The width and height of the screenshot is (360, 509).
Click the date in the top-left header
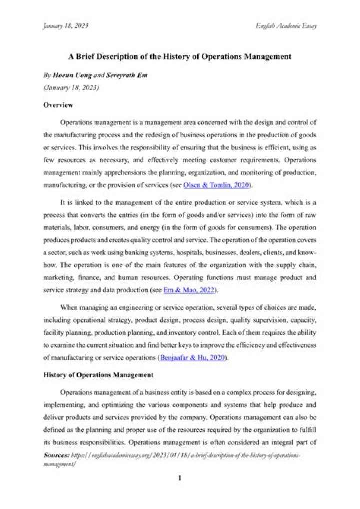[66, 25]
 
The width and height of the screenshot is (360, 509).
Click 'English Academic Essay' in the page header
[286, 25]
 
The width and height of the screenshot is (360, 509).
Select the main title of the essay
[179, 57]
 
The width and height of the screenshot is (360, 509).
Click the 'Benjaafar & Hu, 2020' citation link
[193, 358]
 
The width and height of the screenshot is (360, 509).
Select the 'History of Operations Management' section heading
[98, 374]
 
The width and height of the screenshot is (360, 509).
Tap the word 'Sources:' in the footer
[56, 456]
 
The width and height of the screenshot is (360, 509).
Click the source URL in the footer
[185, 456]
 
